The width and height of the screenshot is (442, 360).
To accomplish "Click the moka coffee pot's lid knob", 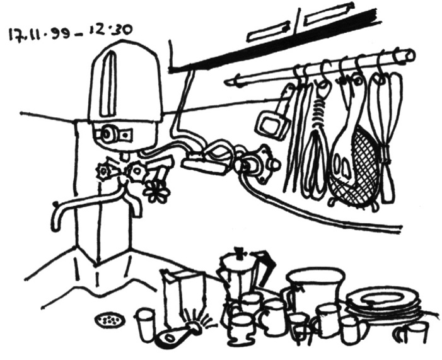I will click(x=240, y=251).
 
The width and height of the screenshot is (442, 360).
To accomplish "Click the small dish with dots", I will click(x=110, y=320).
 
